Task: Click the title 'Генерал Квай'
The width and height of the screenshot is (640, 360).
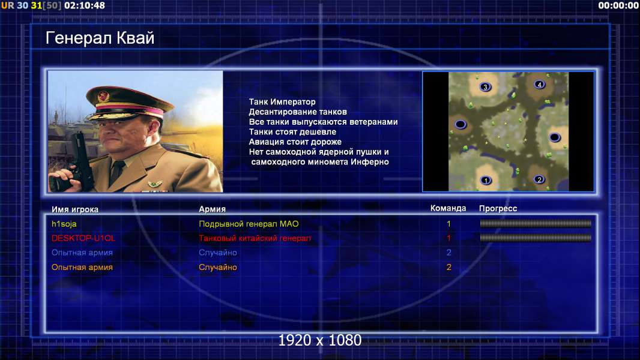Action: pyautogui.click(x=100, y=38)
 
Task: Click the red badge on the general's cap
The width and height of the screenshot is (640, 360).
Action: pyautogui.click(x=103, y=97)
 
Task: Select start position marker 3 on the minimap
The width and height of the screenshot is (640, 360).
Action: pyautogui.click(x=485, y=87)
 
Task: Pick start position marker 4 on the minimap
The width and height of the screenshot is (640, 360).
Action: pyautogui.click(x=540, y=85)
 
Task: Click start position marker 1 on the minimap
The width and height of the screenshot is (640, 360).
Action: pyautogui.click(x=486, y=180)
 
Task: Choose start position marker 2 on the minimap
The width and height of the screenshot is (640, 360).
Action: pyautogui.click(x=539, y=179)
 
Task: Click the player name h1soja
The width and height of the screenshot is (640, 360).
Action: pyautogui.click(x=64, y=224)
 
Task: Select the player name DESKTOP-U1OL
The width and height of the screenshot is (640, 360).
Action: pyautogui.click(x=83, y=238)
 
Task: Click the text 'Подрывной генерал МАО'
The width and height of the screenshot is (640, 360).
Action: pyautogui.click(x=249, y=224)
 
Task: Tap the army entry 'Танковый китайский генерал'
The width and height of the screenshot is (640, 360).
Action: pyautogui.click(x=255, y=238)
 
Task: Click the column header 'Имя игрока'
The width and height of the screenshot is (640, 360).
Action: pyautogui.click(x=74, y=209)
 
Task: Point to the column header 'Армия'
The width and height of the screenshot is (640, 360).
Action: pyautogui.click(x=213, y=209)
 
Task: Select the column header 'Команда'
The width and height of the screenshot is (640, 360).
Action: pyautogui.click(x=448, y=208)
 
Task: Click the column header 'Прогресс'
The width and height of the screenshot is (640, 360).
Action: pyautogui.click(x=498, y=208)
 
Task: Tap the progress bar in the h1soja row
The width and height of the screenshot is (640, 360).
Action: pyautogui.click(x=536, y=223)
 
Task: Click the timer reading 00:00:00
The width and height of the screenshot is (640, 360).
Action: pyautogui.click(x=618, y=6)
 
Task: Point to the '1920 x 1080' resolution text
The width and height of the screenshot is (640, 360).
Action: pyautogui.click(x=320, y=340)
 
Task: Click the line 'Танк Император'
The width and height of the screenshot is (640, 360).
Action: pyautogui.click(x=282, y=102)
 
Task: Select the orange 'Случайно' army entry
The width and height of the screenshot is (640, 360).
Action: pyautogui.click(x=217, y=268)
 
